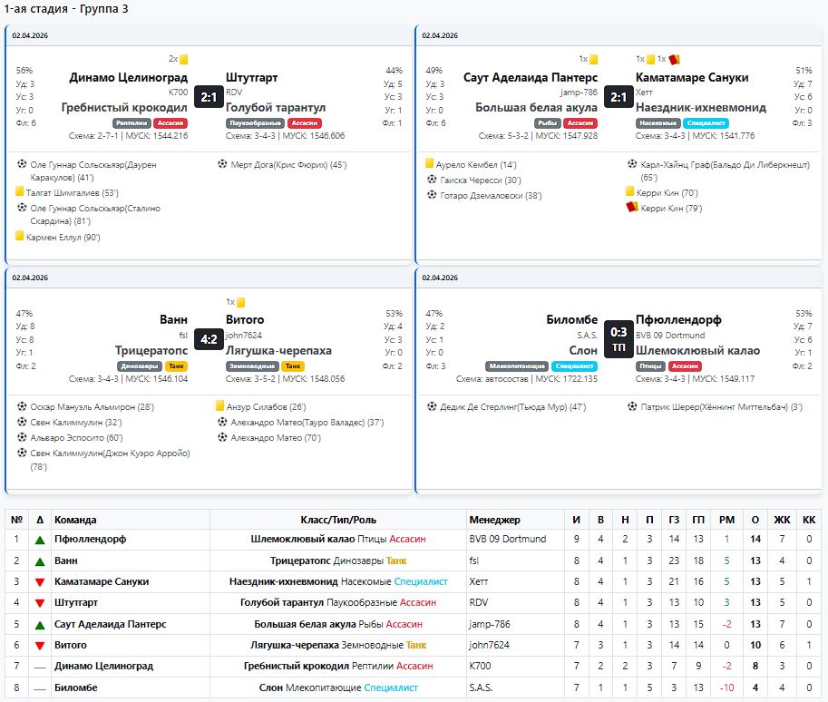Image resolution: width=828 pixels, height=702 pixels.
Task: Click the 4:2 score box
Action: [x=209, y=339]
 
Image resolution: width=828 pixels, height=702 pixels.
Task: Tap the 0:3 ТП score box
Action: [x=619, y=339]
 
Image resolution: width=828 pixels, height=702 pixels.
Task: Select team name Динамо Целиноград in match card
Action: [x=128, y=78]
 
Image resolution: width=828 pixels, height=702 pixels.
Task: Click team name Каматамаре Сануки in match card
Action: [x=692, y=78]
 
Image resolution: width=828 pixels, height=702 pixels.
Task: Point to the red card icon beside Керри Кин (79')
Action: [x=631, y=207]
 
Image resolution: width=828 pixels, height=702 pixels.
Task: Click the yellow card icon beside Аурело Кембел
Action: [x=429, y=163]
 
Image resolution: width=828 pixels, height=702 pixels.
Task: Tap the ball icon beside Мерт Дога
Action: [x=222, y=164]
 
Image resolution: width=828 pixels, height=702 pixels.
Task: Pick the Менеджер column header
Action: [x=494, y=520]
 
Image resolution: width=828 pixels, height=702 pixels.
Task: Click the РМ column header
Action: [x=726, y=520]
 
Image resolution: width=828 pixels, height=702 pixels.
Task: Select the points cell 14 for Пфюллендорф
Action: [x=755, y=540]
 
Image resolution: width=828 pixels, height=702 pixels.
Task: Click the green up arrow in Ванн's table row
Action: [x=40, y=561]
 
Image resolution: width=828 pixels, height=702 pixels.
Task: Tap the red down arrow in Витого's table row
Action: [x=40, y=646]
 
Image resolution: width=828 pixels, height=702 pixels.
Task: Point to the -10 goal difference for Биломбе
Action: [x=726, y=687]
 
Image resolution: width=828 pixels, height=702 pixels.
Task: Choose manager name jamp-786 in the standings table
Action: [x=490, y=624]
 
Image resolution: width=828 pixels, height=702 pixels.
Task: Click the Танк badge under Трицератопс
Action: [x=176, y=366]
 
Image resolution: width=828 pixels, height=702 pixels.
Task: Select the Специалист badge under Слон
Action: [x=575, y=366]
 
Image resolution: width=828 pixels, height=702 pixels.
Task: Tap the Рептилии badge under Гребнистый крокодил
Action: [x=132, y=123]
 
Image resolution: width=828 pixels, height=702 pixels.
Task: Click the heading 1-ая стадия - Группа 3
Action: [x=66, y=9]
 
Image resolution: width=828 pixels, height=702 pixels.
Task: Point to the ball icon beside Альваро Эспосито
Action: [x=22, y=437]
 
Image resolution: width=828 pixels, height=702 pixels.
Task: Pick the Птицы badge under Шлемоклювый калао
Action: [x=650, y=366]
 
